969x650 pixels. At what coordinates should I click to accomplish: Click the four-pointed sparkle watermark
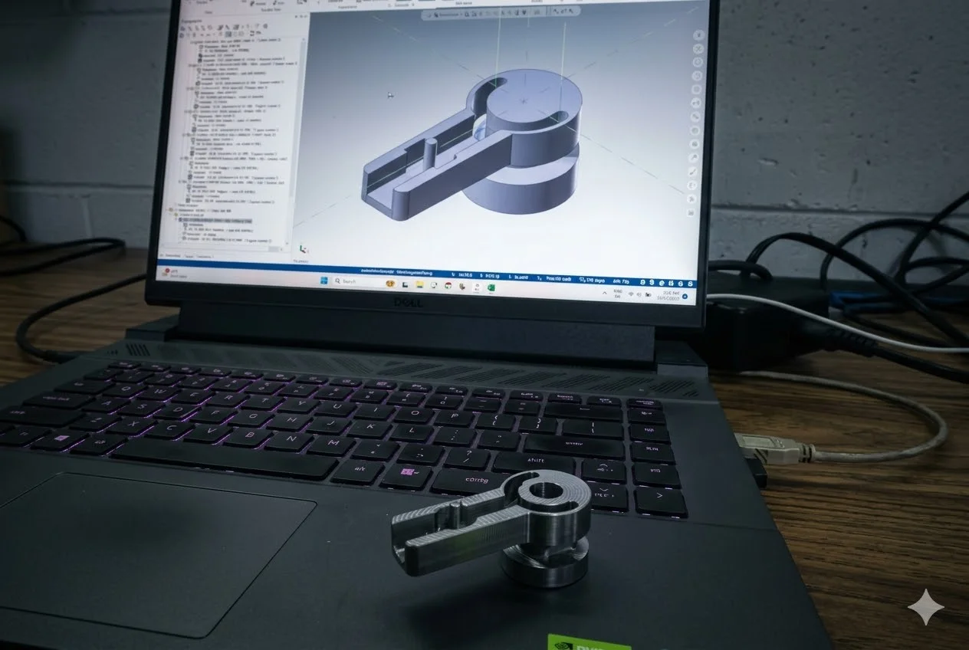coord(926,606)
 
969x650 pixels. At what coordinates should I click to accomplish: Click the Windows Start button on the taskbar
coord(324,281)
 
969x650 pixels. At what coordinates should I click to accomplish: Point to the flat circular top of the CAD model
coord(529,100)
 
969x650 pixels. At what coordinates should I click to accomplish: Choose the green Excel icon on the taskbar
coord(491,287)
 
